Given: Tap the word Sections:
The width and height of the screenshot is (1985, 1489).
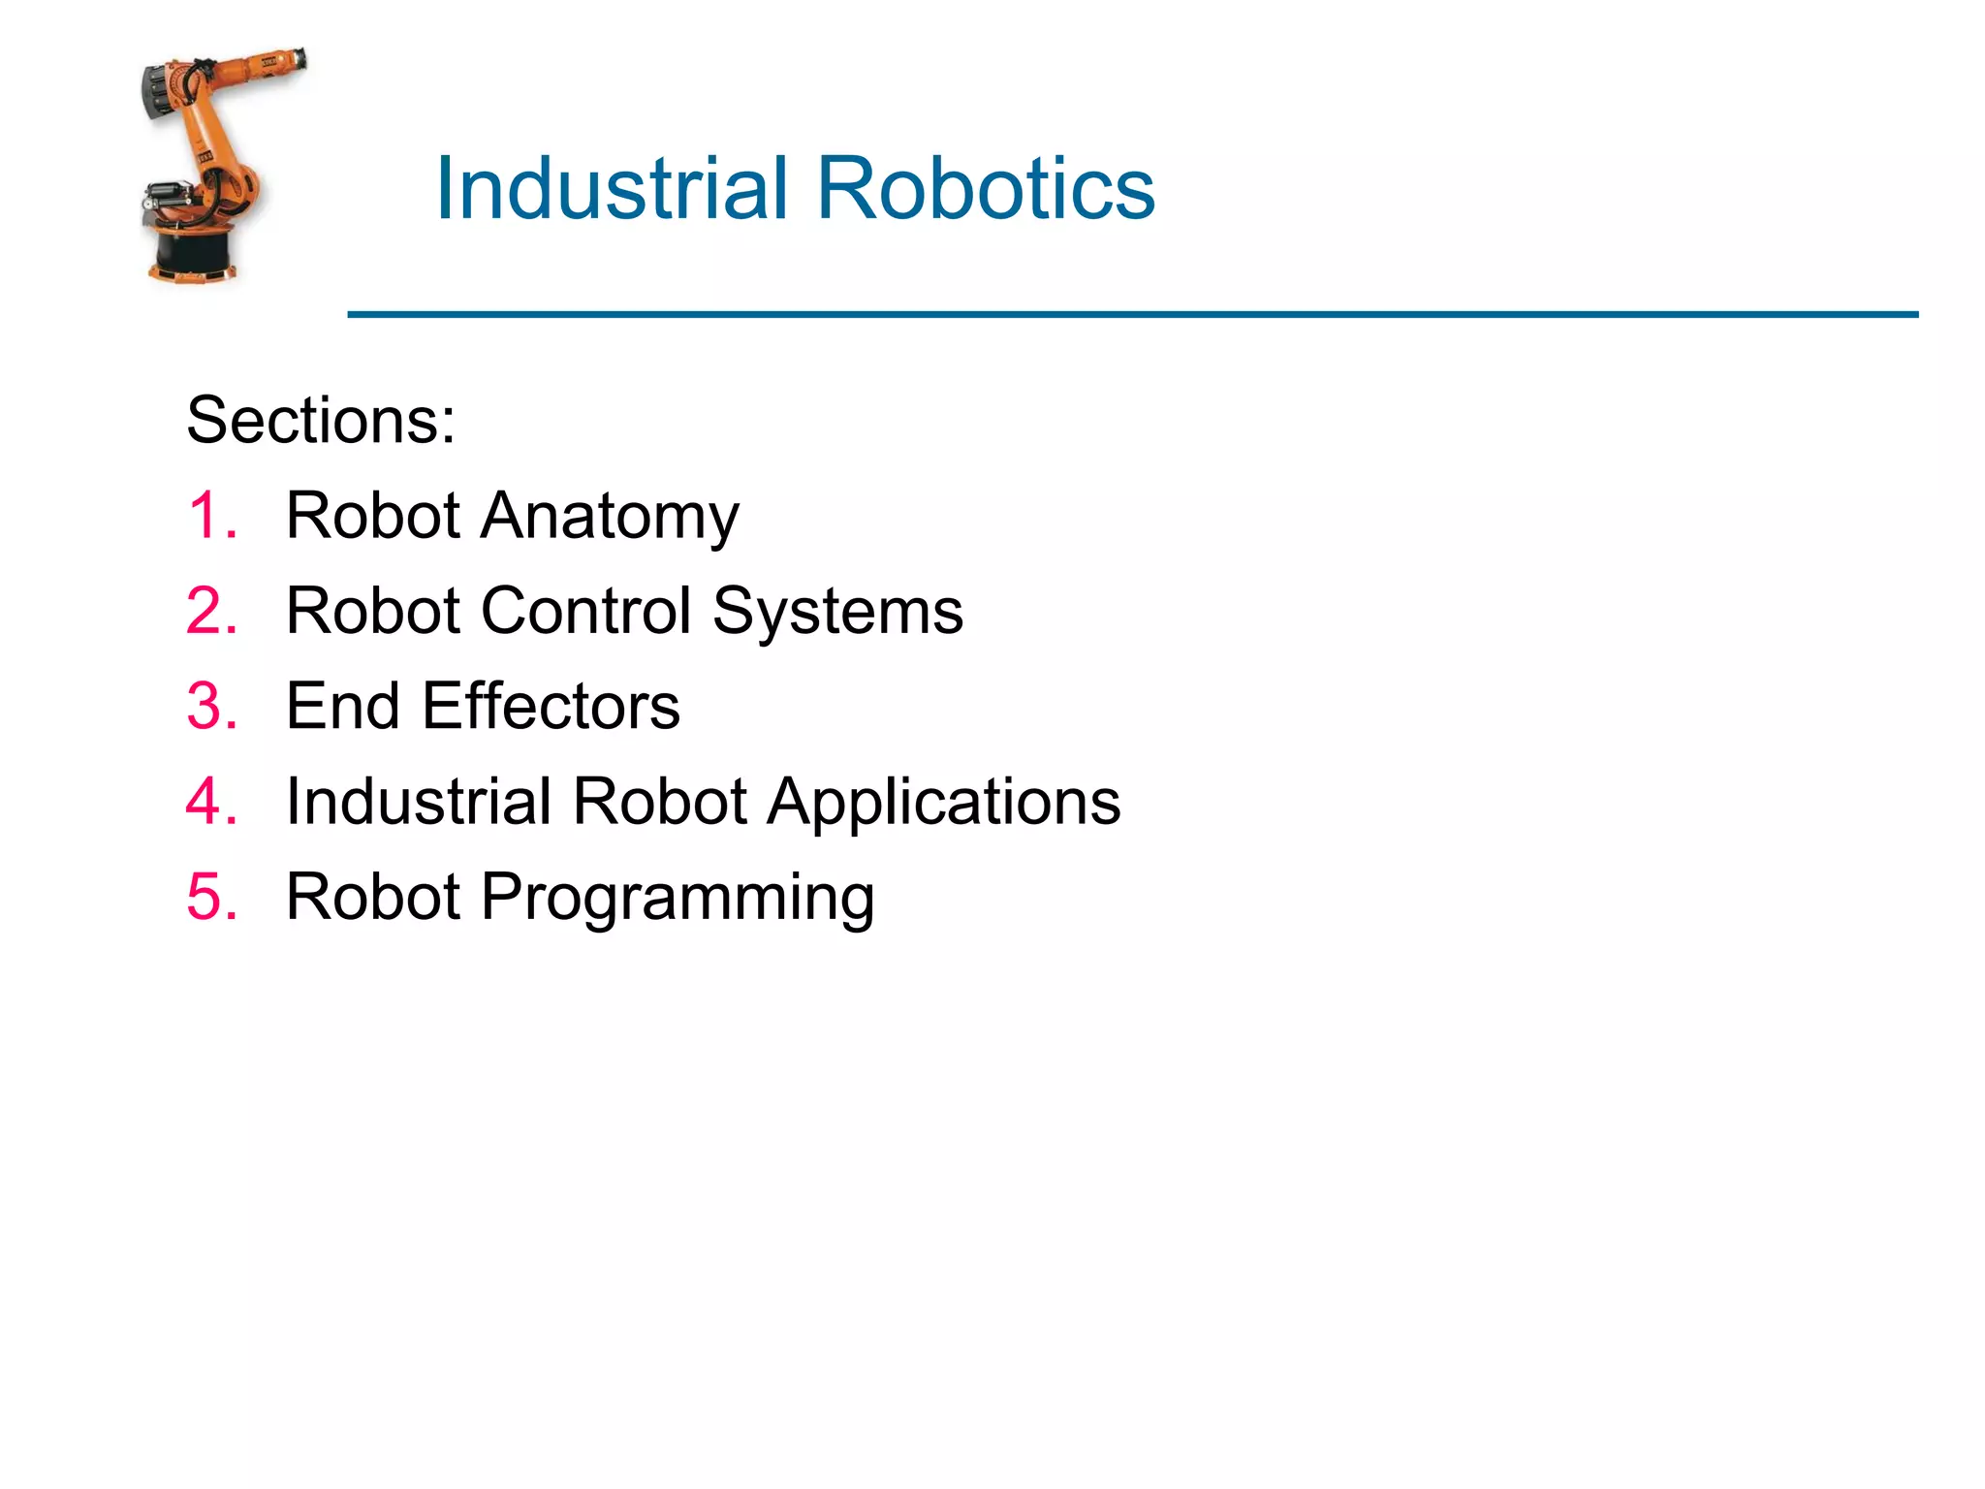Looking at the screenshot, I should tap(321, 421).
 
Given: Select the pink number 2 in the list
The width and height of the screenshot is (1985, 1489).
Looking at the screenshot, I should tap(210, 611).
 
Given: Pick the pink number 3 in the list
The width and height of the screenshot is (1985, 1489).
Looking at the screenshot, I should tap(210, 706).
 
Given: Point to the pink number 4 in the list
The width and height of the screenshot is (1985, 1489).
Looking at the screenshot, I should tap(210, 802).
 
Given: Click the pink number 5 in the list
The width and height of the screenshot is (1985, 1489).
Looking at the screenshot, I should tap(210, 897).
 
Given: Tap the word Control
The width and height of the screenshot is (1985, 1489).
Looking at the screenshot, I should tap(586, 611).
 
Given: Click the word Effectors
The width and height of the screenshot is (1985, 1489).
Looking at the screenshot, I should tap(551, 706).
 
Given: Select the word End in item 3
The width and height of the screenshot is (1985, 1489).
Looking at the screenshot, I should tap(342, 706).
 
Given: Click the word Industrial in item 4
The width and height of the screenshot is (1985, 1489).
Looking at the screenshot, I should tap(419, 802).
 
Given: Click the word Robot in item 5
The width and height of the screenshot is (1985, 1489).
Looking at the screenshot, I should tap(373, 897).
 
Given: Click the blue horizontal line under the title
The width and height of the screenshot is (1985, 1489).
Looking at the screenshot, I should tap(1132, 314).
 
